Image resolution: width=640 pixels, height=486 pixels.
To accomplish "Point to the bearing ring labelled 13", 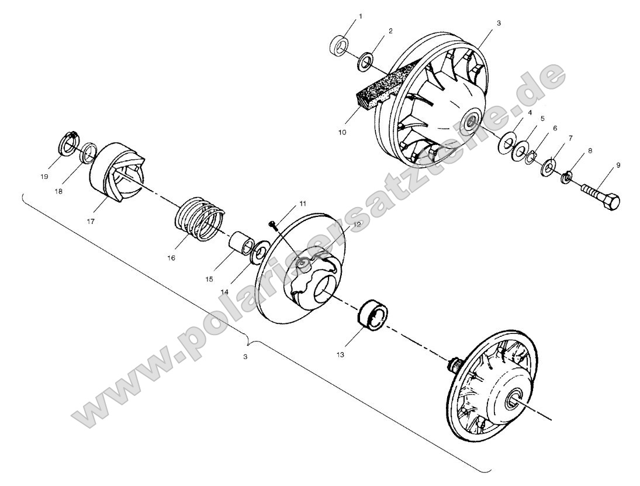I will point(371,316).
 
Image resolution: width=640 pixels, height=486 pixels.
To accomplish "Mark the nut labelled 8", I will point(566,175).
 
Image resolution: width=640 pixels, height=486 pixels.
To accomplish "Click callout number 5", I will point(542,119).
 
